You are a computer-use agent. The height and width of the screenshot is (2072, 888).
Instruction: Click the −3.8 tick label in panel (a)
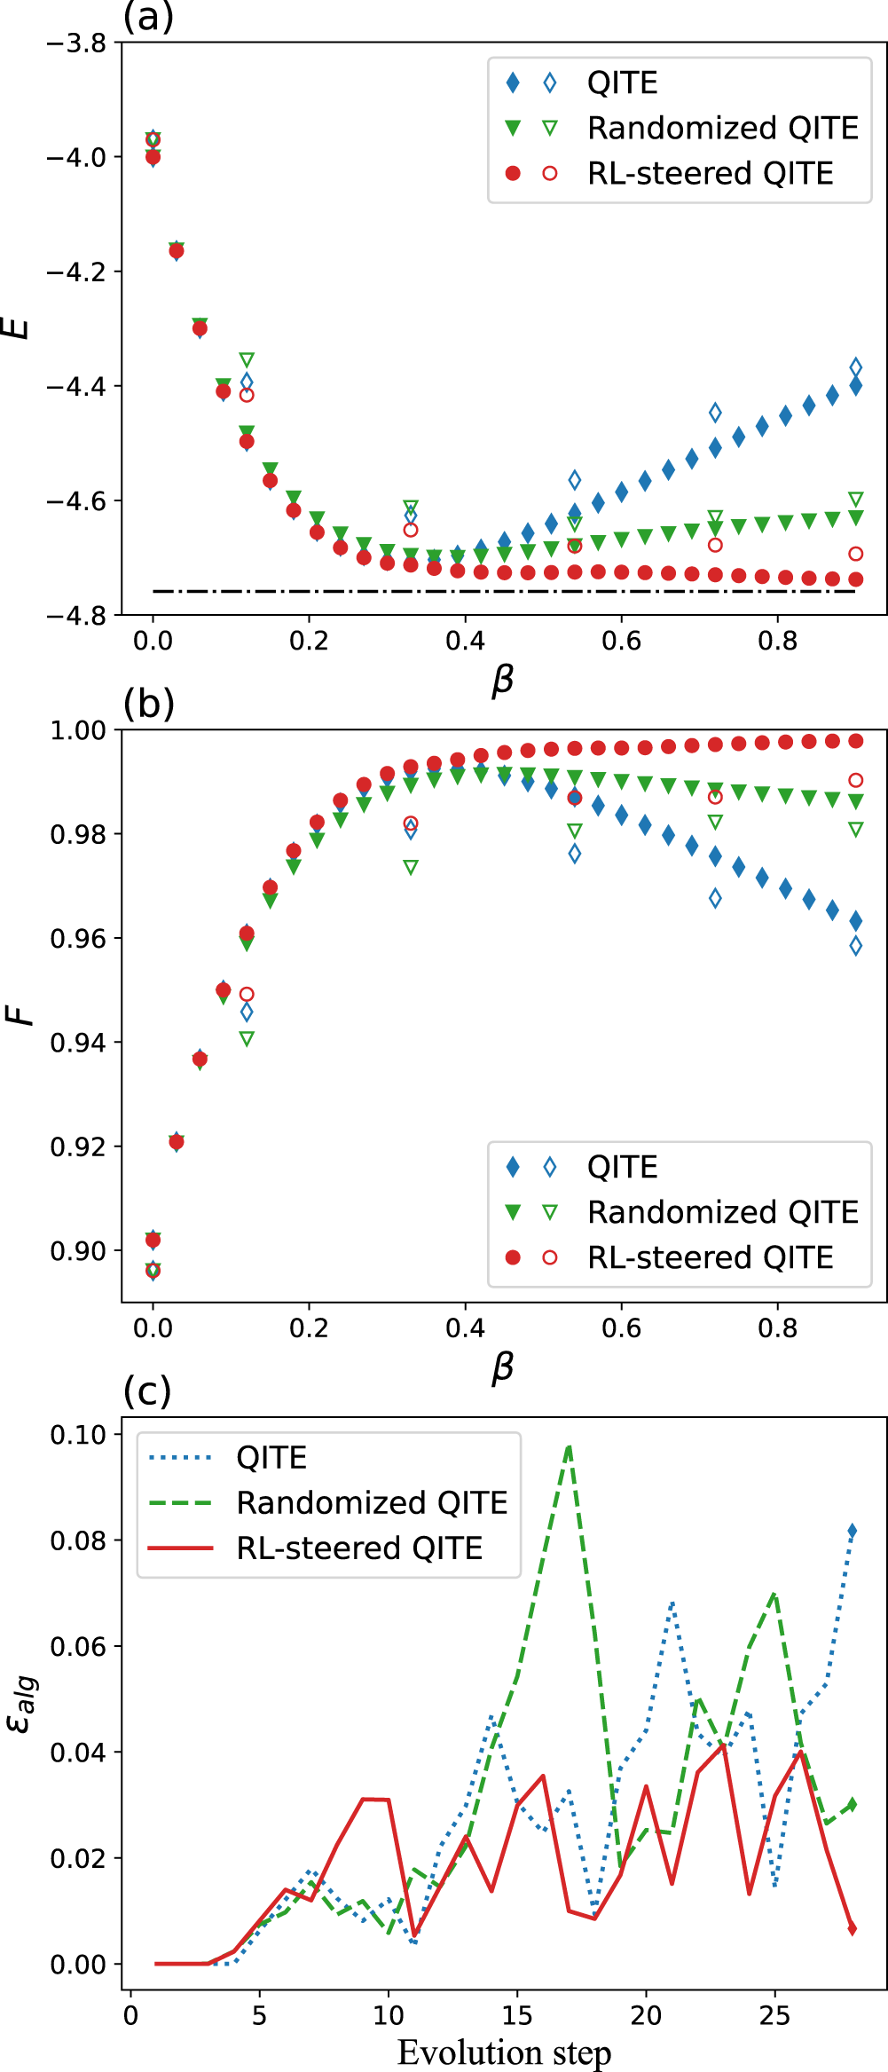point(75,43)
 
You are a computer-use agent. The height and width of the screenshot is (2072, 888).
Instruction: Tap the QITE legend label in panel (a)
point(622,83)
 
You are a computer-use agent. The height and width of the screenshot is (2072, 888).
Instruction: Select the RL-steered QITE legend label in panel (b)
point(710,1257)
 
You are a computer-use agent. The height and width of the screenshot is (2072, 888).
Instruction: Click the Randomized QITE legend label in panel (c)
point(372,1503)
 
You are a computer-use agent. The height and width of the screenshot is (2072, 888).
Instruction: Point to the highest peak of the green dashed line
point(569,1446)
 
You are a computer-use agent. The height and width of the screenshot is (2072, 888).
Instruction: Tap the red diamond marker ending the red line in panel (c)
point(853,1929)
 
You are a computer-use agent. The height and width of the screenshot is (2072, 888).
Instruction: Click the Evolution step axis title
point(504,2052)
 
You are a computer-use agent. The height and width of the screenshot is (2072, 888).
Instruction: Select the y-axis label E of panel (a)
point(17,328)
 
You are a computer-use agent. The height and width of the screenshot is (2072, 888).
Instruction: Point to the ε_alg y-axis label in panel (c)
point(21,1704)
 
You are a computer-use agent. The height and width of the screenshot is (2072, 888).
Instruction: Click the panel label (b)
point(148,704)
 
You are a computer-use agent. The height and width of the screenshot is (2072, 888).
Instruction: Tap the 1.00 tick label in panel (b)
point(78,731)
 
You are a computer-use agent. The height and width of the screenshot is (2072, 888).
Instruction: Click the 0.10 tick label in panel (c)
point(78,1436)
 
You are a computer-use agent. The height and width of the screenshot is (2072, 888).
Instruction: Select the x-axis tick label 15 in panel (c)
point(516,2015)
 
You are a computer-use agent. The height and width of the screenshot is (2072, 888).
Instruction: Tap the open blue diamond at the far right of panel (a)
point(855,366)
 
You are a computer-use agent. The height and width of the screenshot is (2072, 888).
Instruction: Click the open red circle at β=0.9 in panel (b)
point(855,781)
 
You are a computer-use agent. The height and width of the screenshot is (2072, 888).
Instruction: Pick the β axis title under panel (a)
point(502,680)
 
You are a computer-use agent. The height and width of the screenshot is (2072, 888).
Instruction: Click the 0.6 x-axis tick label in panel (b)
point(621,1328)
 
